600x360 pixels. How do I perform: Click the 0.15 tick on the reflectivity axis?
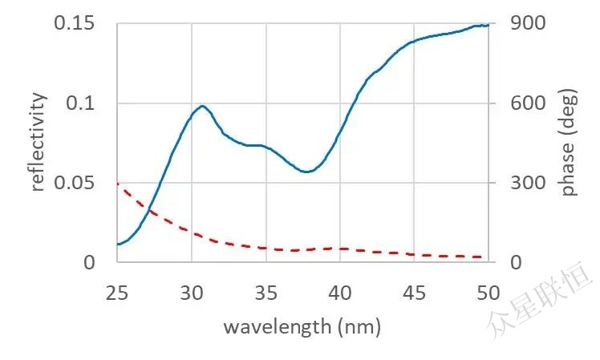75,23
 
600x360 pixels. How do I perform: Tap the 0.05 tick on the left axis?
75,183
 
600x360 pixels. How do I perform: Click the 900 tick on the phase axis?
529,23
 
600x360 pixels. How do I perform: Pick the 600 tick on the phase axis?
529,103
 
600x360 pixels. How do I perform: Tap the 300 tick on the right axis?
529,183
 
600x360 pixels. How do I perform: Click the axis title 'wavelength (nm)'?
302,326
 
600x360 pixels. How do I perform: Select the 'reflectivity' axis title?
38,142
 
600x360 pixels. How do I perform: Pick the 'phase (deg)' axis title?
570,143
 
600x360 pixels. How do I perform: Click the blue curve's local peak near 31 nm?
202,106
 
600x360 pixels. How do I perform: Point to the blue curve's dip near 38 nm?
306,172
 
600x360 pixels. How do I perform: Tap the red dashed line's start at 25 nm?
118,184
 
